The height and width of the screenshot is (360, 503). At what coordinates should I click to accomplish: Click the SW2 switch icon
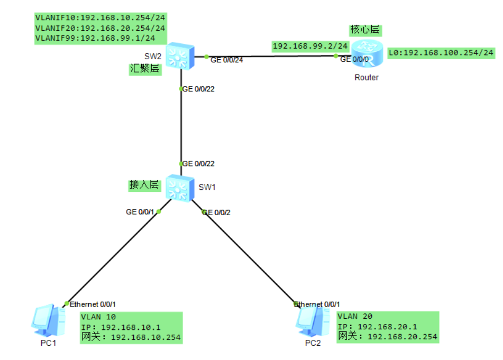pos(180,57)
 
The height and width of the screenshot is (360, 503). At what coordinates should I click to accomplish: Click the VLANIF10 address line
pos(100,17)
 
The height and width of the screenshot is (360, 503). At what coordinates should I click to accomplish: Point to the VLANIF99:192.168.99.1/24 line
pos(95,38)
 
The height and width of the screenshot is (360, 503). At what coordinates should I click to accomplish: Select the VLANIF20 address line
pos(100,27)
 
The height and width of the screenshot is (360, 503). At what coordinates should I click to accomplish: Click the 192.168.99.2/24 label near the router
pos(310,47)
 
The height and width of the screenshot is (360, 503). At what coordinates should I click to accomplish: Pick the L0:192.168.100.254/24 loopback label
pos(441,52)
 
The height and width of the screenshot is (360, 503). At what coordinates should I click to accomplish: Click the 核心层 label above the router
pos(365,30)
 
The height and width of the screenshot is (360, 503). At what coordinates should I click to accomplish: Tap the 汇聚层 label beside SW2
pos(145,69)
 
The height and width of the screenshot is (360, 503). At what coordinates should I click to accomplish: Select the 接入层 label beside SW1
pos(144,185)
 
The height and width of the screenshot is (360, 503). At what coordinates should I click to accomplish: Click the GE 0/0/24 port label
pos(227,60)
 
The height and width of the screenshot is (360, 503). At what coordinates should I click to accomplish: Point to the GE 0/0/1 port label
pos(140,211)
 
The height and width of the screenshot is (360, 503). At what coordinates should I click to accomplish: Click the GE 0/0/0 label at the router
pos(353,59)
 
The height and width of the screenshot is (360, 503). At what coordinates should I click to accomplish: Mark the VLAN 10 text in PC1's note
pos(98,317)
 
